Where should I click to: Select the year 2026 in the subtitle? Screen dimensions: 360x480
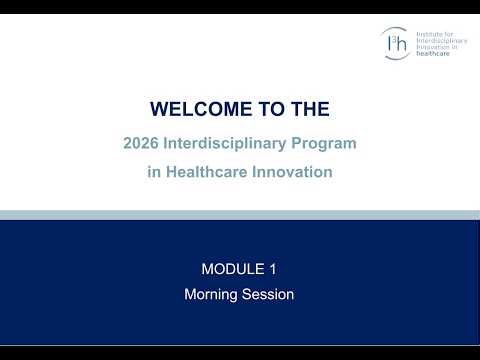pos(141,144)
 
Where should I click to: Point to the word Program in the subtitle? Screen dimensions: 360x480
pos(321,144)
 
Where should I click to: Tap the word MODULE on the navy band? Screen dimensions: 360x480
pos(232,268)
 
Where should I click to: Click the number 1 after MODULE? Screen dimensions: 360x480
pos(272,268)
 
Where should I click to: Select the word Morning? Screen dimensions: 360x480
pos(212,294)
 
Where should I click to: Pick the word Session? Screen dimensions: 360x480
pos(268,294)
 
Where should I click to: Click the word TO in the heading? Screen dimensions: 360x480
pos(268,108)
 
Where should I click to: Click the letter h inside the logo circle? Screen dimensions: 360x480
pos(399,43)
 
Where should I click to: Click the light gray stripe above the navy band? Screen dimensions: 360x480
pos(240,214)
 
